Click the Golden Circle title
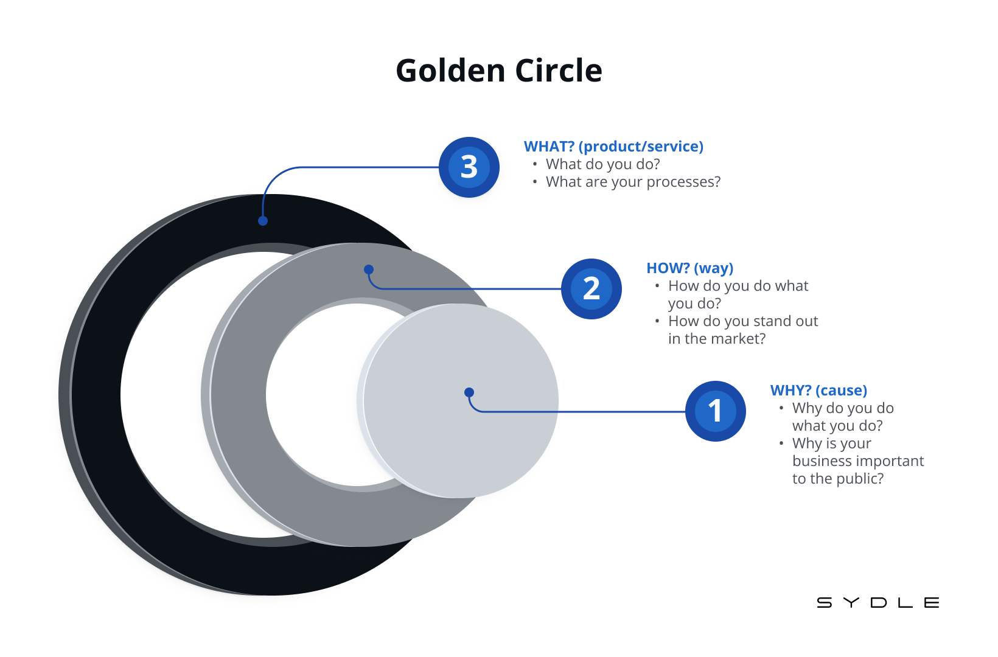pos(499,71)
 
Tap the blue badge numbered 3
pos(469,167)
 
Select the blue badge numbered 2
pos(591,289)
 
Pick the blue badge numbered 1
pos(716,411)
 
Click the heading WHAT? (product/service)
pos(613,147)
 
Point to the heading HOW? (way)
pos(689,268)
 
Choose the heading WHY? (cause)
pos(818,391)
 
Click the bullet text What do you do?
pos(602,164)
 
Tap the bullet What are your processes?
pos(633,182)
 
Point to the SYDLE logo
pos(878,603)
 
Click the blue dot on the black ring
pos(263,221)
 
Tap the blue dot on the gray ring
pos(369,269)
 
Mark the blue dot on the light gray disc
pos(469,392)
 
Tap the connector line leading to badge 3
pos(365,167)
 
